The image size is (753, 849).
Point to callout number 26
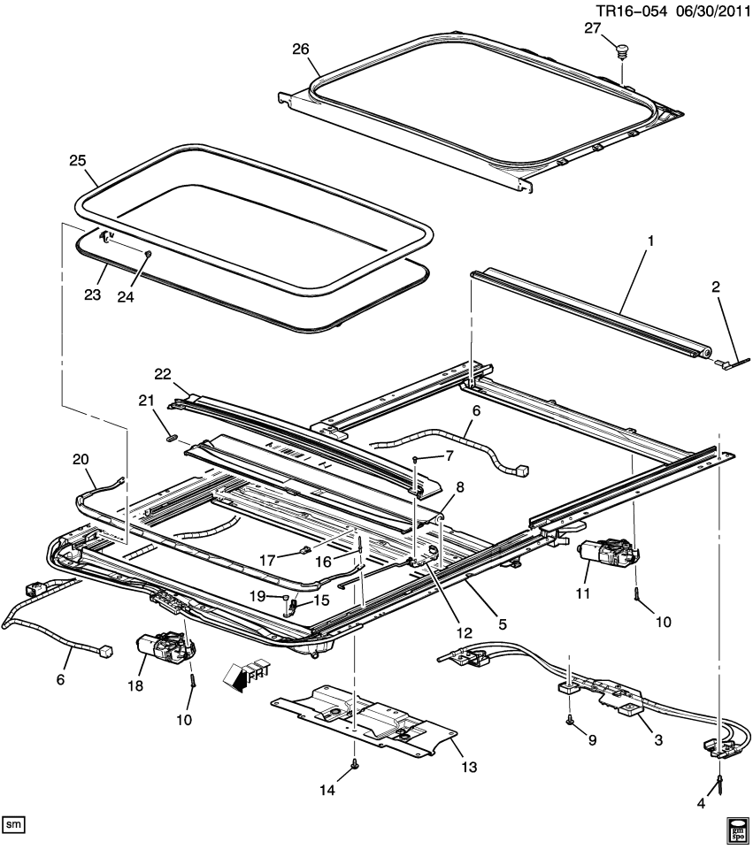tap(301, 49)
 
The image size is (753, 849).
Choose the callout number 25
tap(78, 160)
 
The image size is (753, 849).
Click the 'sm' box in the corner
tap(14, 824)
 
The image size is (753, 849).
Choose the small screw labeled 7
tap(415, 460)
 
